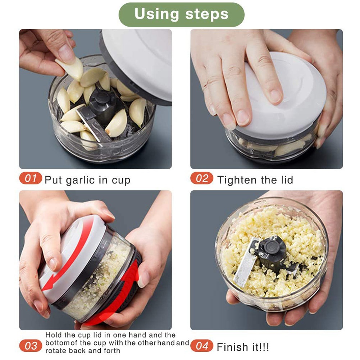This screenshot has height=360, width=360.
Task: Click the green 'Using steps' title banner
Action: pyautogui.click(x=181, y=14)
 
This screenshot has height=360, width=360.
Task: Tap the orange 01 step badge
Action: pyautogui.click(x=31, y=178)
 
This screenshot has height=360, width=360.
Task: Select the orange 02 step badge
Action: pyautogui.click(x=202, y=178)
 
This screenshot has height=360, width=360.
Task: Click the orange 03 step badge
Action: pyautogui.click(x=31, y=346)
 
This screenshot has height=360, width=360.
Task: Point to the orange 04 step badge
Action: pyautogui.click(x=202, y=346)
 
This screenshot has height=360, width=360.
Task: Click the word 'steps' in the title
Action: pyautogui.click(x=207, y=14)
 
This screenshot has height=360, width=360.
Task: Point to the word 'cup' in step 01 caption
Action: pyautogui.click(x=121, y=181)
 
